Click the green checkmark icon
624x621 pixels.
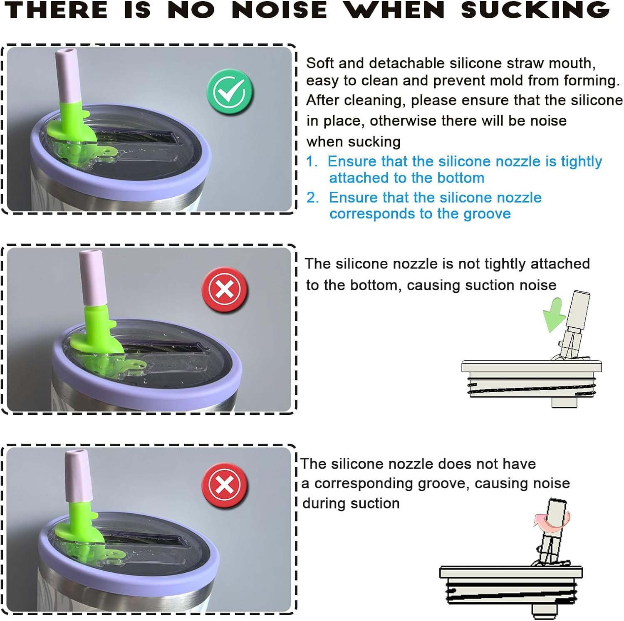[x=230, y=92]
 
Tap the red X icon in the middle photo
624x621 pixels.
[x=225, y=289]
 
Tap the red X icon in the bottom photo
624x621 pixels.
[x=225, y=485]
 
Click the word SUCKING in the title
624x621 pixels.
[x=535, y=10]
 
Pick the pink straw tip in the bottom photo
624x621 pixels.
[x=77, y=476]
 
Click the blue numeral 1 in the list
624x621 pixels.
[x=311, y=161]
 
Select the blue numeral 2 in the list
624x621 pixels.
[x=312, y=197]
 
